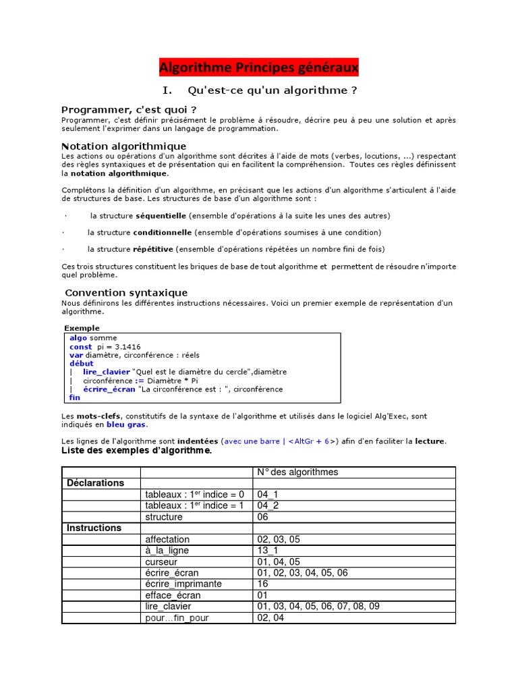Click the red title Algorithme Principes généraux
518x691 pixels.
(259, 67)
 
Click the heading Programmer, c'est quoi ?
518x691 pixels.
(129, 110)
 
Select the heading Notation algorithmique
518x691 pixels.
(123, 146)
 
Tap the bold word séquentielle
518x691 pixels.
(161, 216)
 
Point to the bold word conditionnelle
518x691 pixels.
(163, 233)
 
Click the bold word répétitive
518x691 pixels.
(153, 249)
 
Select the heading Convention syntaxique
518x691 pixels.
(126, 293)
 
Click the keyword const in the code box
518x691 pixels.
(81, 347)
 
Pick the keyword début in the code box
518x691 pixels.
(82, 364)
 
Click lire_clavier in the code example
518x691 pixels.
(107, 372)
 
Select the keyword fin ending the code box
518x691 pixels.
(75, 397)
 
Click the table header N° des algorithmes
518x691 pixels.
(298, 472)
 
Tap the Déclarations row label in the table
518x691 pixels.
(96, 483)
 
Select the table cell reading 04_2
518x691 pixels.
(268, 505)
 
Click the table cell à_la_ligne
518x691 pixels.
(168, 551)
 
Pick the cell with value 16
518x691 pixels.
(262, 584)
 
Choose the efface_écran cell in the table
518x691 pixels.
(173, 595)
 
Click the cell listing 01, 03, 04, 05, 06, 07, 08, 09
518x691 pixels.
(318, 607)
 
